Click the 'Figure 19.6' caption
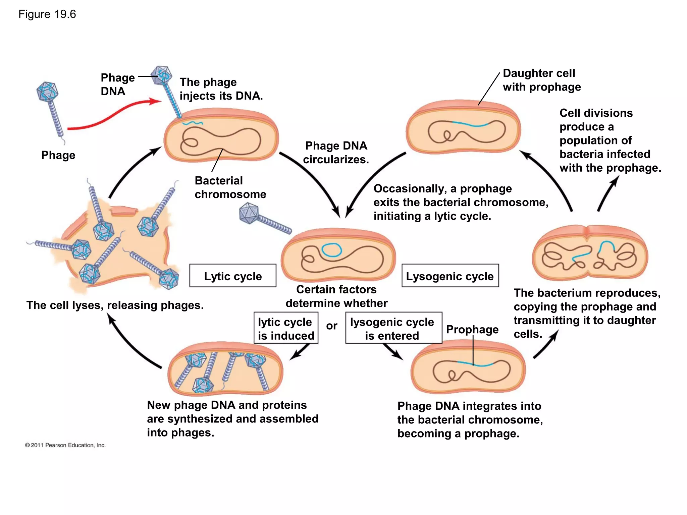click(x=47, y=14)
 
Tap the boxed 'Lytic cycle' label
click(x=232, y=276)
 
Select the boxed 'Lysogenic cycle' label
click(x=450, y=276)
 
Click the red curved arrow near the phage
click(x=114, y=114)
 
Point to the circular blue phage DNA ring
click(x=331, y=250)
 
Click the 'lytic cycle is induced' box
click(x=286, y=328)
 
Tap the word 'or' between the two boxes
click(x=331, y=326)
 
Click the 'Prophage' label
click(x=472, y=330)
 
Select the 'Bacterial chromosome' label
click(x=230, y=187)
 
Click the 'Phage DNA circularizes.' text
click(x=336, y=153)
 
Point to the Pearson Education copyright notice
click(x=65, y=445)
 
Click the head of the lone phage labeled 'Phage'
click(x=47, y=91)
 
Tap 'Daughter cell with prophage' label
click(x=541, y=80)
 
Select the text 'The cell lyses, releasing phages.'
click(x=115, y=305)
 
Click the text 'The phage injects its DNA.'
click(x=221, y=89)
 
